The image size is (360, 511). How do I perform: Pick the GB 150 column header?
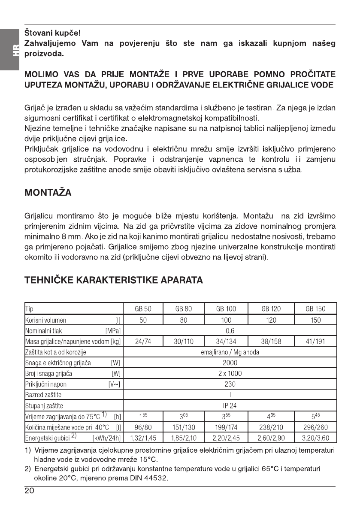pos(315,308)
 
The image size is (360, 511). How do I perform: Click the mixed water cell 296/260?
pos(315,427)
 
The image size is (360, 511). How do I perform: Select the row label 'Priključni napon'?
pos(47,384)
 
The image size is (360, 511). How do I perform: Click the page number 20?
pos(30,491)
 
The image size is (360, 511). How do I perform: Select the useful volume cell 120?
pos(271,320)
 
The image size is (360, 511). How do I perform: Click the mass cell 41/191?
pos(315,341)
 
